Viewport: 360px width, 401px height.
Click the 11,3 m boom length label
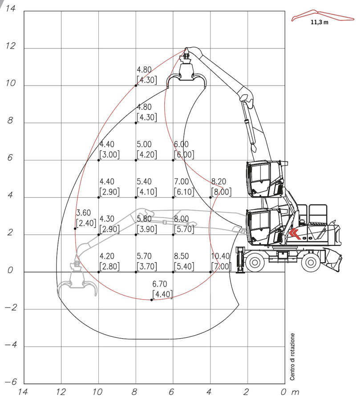pos(320,22)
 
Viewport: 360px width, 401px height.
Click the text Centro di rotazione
pos(292,356)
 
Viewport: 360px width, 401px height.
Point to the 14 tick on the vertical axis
pos(11,8)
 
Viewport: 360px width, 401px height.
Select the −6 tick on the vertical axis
pos(11,382)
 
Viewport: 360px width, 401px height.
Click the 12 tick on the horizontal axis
pos(61,392)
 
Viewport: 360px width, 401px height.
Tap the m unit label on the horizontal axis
pos(295,392)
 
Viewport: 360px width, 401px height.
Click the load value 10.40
pos(220,256)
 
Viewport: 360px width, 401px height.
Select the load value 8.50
pos(181,256)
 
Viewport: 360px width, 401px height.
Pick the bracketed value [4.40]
pos(162,294)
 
